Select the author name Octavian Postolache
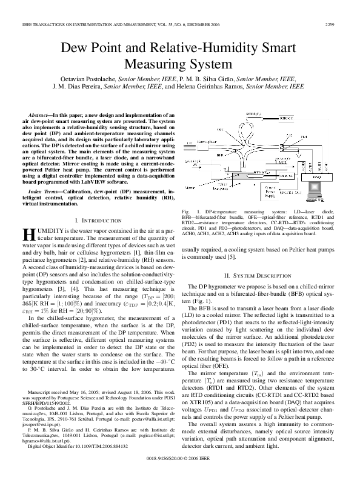(107, 79)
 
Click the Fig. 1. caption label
(188, 228)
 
